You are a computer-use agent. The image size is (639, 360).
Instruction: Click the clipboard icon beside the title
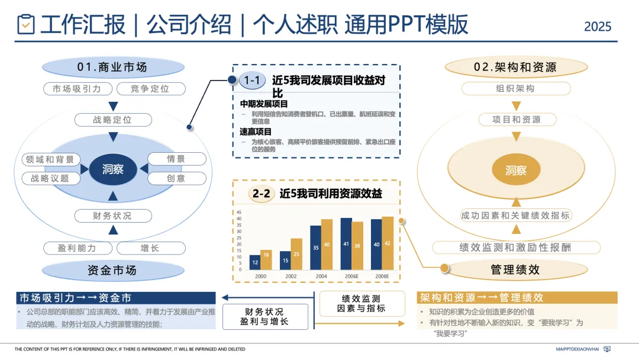coord(26,24)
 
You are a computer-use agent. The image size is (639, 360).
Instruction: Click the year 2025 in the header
coord(598,27)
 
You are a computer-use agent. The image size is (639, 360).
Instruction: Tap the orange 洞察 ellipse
coord(515,171)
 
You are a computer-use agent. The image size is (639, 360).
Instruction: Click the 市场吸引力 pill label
coord(77,89)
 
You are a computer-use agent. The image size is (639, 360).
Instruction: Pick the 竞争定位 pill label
coord(150,89)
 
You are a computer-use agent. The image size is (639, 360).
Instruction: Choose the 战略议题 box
coord(50,178)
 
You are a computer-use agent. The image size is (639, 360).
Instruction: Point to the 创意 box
coord(176,178)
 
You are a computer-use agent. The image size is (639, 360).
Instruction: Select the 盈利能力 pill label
coord(77,248)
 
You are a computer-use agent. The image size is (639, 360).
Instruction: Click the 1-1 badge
coord(253,81)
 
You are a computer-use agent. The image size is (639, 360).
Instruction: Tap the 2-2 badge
coord(262,194)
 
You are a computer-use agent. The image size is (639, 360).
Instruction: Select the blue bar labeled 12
coord(255,263)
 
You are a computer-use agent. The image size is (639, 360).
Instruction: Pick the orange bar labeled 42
coord(388,244)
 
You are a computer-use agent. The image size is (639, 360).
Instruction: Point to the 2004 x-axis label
coord(322,277)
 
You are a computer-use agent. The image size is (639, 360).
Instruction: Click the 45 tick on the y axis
coord(239,212)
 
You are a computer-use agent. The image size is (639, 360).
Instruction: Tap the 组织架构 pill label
coord(515,89)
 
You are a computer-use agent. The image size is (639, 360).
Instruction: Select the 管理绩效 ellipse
coord(515,270)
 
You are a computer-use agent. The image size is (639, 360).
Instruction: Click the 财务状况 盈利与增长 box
coord(265,317)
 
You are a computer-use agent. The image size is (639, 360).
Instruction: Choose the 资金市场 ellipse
coord(112,271)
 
